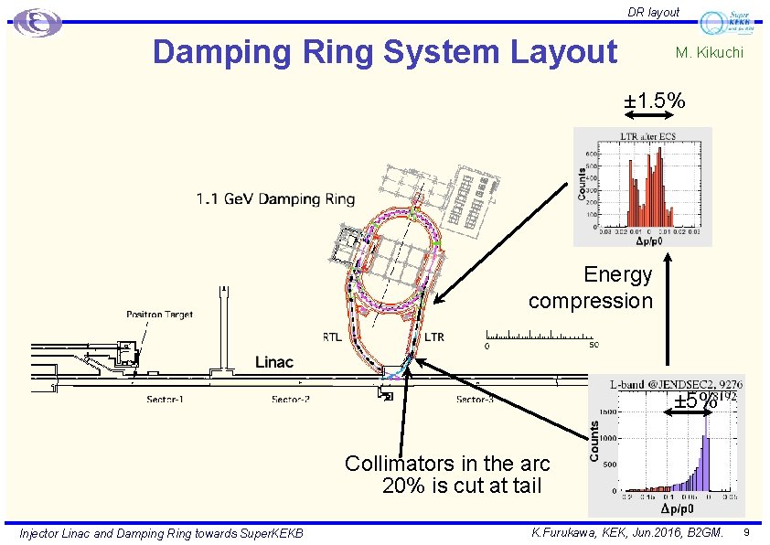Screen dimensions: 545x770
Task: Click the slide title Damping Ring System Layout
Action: tap(385, 52)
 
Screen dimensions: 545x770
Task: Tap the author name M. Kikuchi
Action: tap(709, 53)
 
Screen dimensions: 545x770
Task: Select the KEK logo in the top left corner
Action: tap(37, 23)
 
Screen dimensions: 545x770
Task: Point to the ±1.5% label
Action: tap(655, 101)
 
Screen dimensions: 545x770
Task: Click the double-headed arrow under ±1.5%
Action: tap(654, 115)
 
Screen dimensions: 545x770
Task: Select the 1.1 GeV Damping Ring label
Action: tap(275, 198)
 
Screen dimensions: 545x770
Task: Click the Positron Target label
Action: tap(159, 315)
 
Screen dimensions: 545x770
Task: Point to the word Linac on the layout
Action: tap(273, 362)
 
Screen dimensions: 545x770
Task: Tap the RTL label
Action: tap(332, 337)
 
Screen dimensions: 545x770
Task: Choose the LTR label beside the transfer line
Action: tap(433, 337)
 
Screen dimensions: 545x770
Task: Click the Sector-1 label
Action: tap(166, 400)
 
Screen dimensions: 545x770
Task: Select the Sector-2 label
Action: tap(290, 400)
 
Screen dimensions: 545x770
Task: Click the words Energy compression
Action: tap(591, 287)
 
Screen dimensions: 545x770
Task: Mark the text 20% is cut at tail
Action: tap(462, 486)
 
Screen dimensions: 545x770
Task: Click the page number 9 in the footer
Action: tap(747, 532)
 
